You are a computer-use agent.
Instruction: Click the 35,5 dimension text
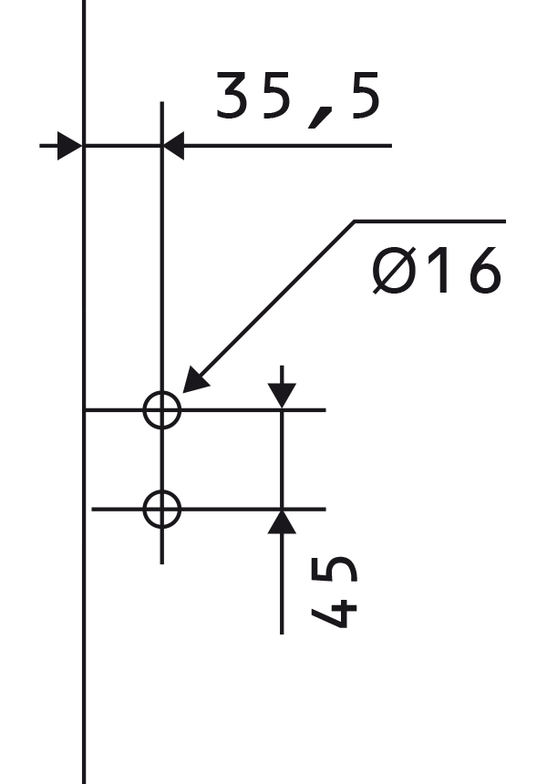click(298, 99)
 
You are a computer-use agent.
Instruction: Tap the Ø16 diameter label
click(437, 270)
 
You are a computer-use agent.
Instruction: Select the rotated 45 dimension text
click(334, 592)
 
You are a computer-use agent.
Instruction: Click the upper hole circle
click(143, 410)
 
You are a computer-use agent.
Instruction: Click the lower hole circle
click(143, 510)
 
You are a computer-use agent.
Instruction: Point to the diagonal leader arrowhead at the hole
click(194, 380)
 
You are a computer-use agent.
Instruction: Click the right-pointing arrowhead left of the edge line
click(69, 146)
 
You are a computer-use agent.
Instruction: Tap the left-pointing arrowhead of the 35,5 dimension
click(173, 146)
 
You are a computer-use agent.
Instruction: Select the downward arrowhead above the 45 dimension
click(282, 395)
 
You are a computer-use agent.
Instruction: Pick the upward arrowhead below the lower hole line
click(282, 522)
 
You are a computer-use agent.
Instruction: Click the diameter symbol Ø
click(395, 270)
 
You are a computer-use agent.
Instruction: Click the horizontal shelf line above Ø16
click(430, 221)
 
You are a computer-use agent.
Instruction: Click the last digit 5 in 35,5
click(366, 96)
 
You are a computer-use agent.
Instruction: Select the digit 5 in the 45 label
click(334, 570)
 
